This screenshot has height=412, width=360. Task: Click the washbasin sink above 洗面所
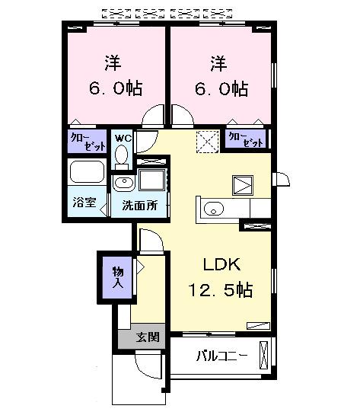[x=123, y=182]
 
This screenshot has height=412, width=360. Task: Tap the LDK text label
[x=221, y=265]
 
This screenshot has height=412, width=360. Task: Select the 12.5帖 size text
[x=221, y=290]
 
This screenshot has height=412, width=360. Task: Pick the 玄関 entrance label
[x=147, y=337]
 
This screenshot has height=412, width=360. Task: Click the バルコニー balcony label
[x=221, y=355]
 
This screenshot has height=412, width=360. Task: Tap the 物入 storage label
[x=118, y=276]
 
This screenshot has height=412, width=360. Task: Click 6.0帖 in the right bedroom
[x=220, y=88]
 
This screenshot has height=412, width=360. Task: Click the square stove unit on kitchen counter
[x=244, y=185]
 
